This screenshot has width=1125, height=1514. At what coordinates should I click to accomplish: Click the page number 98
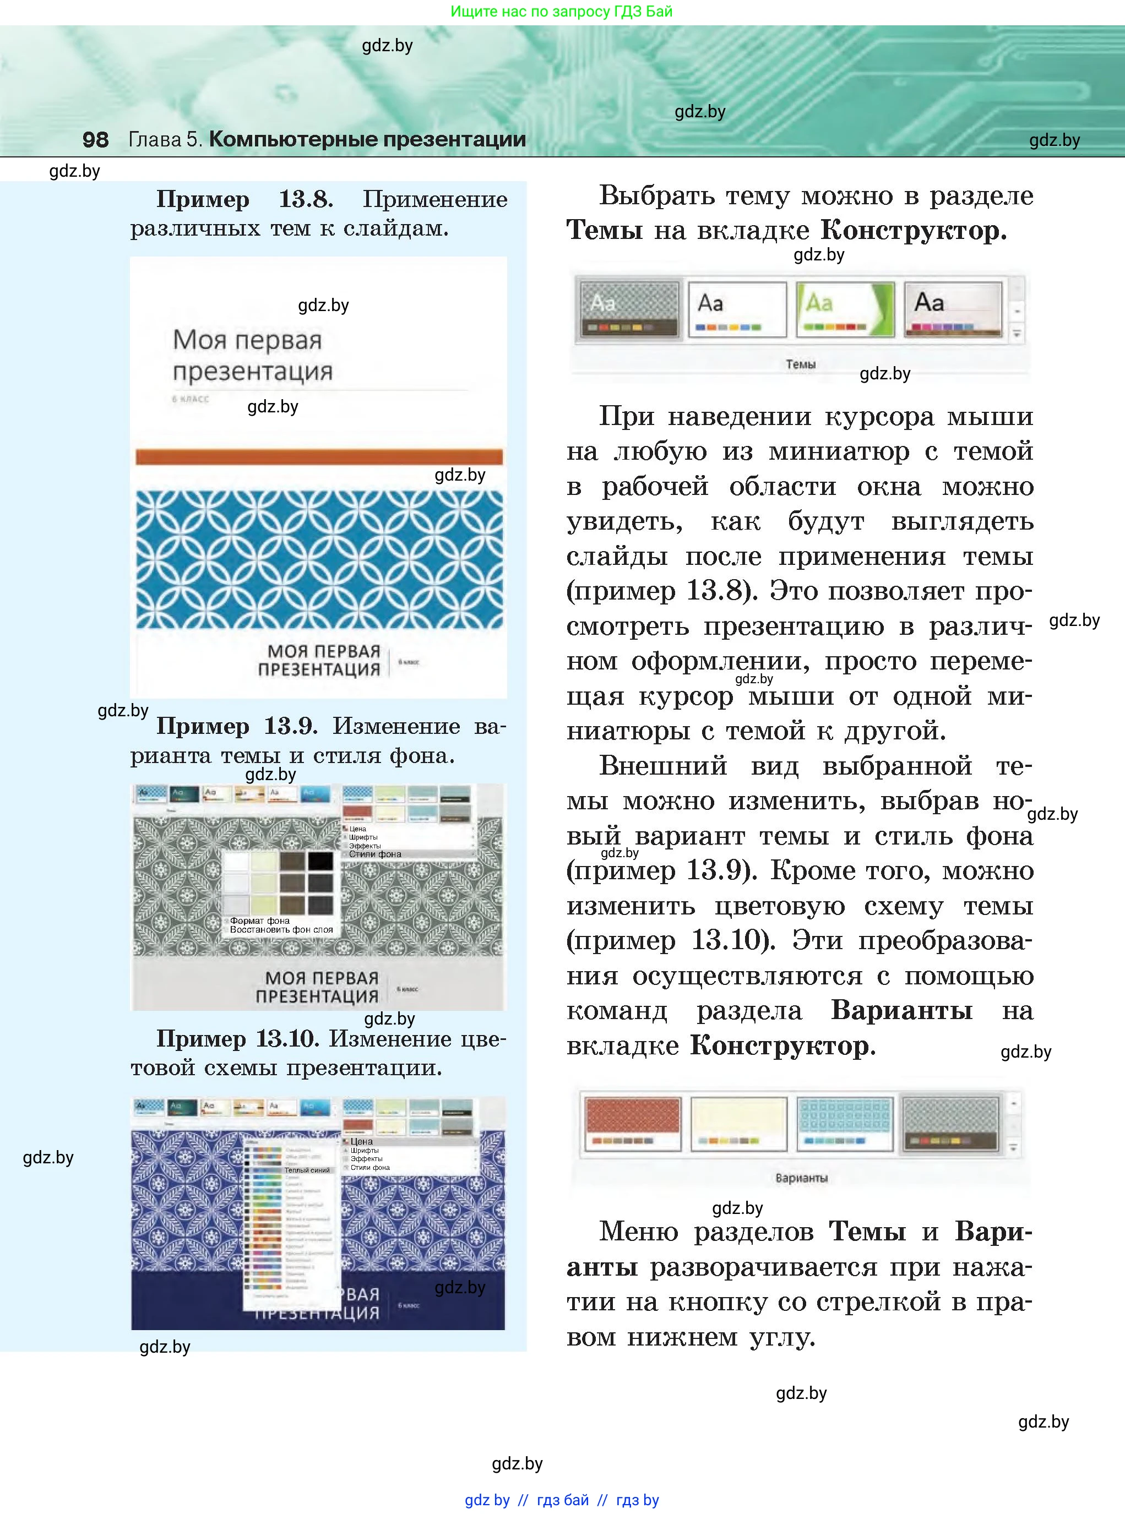pyautogui.click(x=95, y=139)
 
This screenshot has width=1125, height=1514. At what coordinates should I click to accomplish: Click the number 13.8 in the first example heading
pyautogui.click(x=306, y=199)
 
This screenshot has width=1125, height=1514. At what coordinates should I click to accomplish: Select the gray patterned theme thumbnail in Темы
pyautogui.click(x=629, y=310)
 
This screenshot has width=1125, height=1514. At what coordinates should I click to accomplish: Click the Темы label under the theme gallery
pyautogui.click(x=800, y=365)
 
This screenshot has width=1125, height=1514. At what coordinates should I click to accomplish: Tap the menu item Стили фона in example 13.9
pyautogui.click(x=375, y=854)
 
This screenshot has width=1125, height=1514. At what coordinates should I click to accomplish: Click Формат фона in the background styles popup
pyautogui.click(x=259, y=921)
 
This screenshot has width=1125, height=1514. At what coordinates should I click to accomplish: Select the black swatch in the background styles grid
pyautogui.click(x=320, y=861)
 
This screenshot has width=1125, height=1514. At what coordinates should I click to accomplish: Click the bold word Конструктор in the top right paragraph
pyautogui.click(x=912, y=231)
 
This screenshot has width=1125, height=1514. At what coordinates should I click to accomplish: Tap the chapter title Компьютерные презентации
pyautogui.click(x=367, y=139)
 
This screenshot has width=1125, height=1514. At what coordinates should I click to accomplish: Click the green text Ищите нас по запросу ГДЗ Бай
pyautogui.click(x=562, y=12)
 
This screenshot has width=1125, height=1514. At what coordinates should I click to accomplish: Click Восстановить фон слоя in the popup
pyautogui.click(x=281, y=930)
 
